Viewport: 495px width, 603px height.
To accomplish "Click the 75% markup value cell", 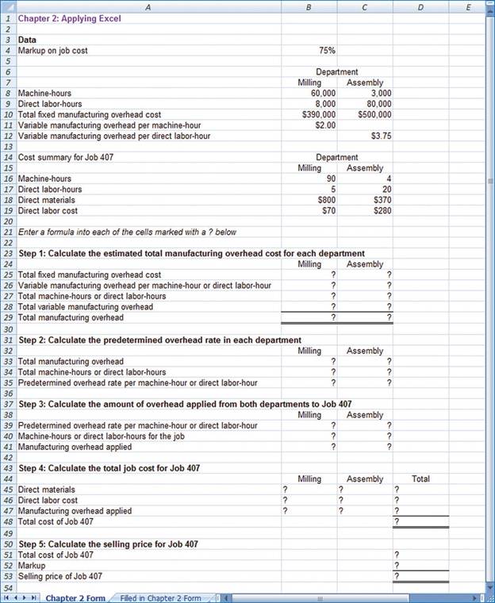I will [327, 50].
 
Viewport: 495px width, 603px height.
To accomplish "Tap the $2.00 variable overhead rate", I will [324, 125].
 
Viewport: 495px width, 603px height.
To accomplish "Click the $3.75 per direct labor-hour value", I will [381, 136].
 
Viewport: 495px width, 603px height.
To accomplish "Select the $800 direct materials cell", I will [325, 201].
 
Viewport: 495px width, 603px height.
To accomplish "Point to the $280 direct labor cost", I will [382, 211].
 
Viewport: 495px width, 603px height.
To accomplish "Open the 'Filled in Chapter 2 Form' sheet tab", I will [160, 597].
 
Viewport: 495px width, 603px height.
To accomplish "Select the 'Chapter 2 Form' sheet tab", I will [75, 597].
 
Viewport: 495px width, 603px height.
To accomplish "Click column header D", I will [420, 7].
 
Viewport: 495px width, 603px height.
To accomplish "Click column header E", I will [468, 7].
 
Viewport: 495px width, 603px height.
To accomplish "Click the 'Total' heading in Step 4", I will [421, 478].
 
